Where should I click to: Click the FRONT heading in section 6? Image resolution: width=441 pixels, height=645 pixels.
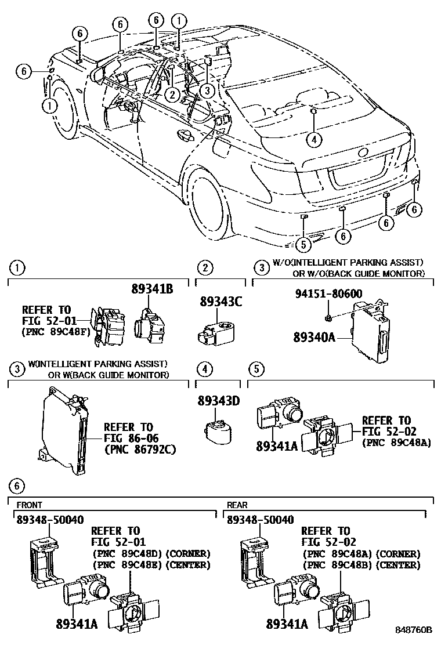(29, 505)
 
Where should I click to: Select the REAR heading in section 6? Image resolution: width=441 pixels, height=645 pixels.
(238, 505)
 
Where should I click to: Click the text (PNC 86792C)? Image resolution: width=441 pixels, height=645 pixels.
(140, 449)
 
